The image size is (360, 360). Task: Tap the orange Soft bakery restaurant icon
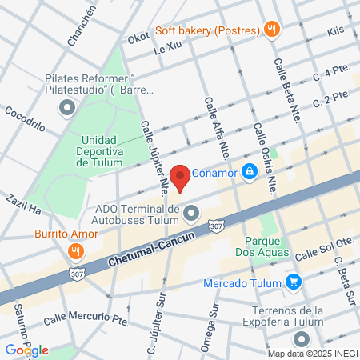click(273, 30)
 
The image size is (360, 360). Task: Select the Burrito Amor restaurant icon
click(76, 250)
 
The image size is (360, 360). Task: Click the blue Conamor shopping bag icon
click(250, 170)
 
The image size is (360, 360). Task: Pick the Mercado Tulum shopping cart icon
click(293, 282)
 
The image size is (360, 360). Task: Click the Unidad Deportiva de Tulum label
click(99, 150)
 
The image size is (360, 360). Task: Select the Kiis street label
click(335, 33)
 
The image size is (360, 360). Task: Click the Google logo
click(26, 350)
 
